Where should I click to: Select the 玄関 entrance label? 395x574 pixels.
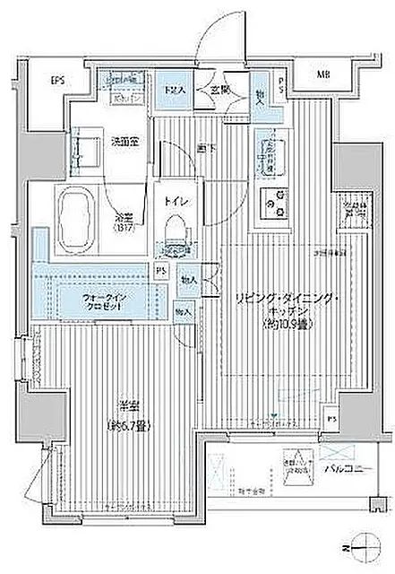[x=221, y=91]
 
